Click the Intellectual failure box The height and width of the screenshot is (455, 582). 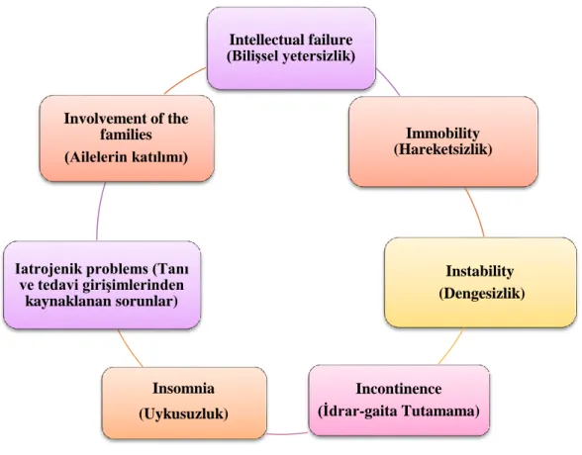pos(291,48)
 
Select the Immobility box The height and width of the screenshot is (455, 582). pos(443,141)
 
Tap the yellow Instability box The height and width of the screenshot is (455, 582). pos(480,283)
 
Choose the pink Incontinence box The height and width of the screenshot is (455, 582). pos(399,401)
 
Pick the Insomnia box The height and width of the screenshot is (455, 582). pos(184,404)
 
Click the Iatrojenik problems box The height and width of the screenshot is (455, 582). pos(102,285)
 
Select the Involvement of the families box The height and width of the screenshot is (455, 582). pos(127,138)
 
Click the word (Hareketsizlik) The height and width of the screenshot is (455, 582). pos(442,149)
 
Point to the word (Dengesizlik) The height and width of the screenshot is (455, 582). pos(482,294)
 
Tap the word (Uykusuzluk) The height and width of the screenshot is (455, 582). pos(184,413)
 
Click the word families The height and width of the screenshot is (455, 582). pos(127,135)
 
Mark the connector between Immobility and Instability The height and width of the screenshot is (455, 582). pos(476,212)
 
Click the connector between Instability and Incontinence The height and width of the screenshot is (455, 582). pos(451,346)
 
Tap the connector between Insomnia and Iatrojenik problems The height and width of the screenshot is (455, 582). pos(130,348)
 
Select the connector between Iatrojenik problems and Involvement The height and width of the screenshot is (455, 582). pos(99,211)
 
